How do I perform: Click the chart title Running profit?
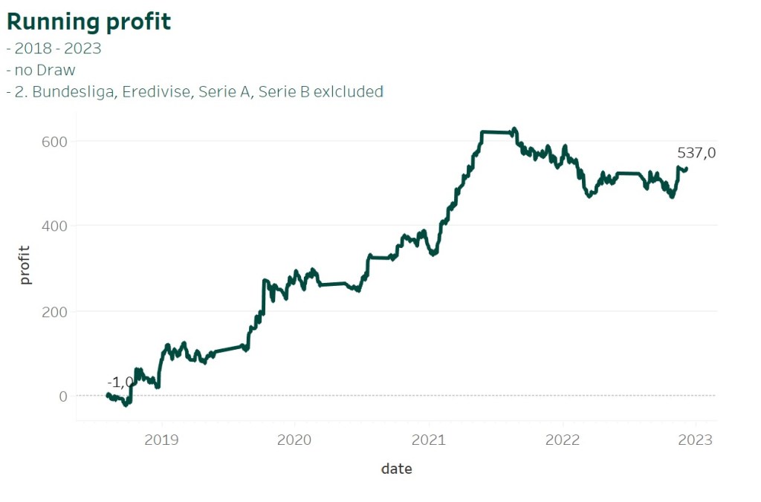pyautogui.click(x=89, y=22)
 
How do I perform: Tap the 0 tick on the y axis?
pyautogui.click(x=63, y=396)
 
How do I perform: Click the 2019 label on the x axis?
pyautogui.click(x=161, y=440)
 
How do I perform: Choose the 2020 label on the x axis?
pyautogui.click(x=294, y=440)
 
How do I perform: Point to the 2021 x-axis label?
pyautogui.click(x=429, y=440)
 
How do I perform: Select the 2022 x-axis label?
pyautogui.click(x=563, y=440)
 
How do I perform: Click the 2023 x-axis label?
pyautogui.click(x=696, y=440)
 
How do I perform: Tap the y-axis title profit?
pyautogui.click(x=25, y=265)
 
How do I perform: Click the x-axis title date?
pyautogui.click(x=396, y=469)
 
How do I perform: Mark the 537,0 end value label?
pyautogui.click(x=696, y=153)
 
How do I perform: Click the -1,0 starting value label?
pyautogui.click(x=120, y=382)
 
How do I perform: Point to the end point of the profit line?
pyautogui.click(x=686, y=169)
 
